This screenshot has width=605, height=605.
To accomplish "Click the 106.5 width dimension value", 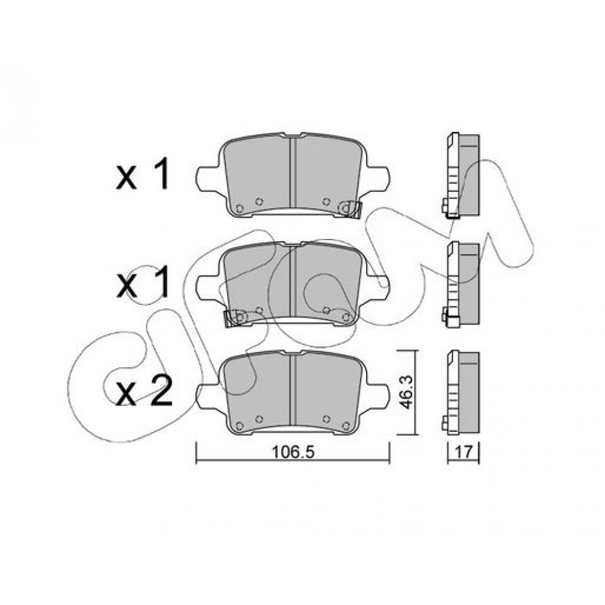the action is point(293,452).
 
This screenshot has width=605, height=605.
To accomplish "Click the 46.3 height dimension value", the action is point(405,393).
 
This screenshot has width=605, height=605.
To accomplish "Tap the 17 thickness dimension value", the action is point(463,452).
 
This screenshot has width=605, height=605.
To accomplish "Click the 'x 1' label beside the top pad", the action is point(142,174).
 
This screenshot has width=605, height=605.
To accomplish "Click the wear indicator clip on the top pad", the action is point(349,209).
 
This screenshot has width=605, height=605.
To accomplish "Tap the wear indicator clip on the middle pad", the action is point(236,318).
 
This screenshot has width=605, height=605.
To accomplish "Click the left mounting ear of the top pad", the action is point(209,179).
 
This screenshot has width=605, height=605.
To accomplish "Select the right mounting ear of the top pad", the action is point(378,179).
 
